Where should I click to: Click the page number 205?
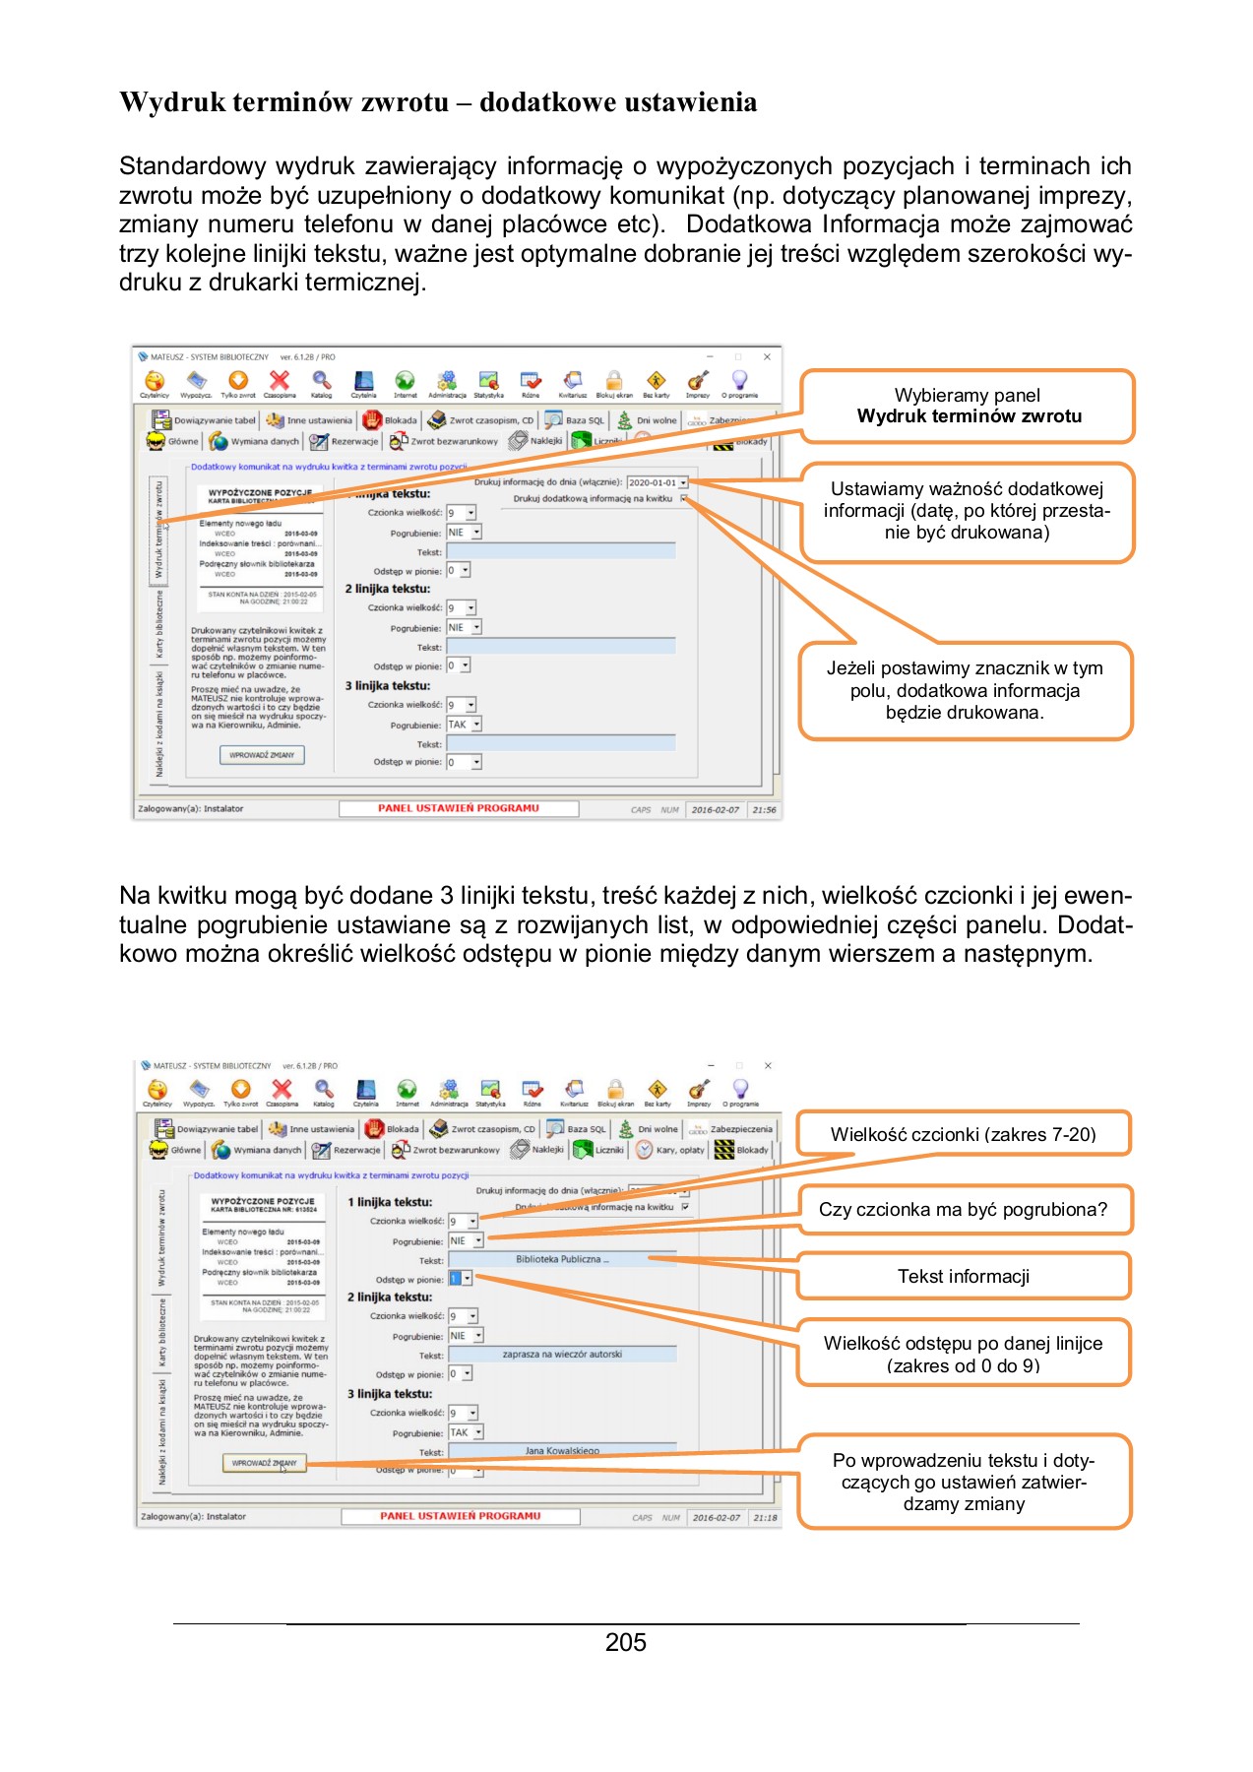pos(625,1643)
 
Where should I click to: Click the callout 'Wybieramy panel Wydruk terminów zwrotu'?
pos(968,406)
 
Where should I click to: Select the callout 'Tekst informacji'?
pos(963,1277)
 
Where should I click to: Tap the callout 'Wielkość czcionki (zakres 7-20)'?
pos(963,1134)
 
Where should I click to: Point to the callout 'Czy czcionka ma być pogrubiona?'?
pos(963,1210)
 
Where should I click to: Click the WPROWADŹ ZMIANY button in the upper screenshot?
pos(262,755)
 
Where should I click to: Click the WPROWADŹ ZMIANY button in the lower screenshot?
pos(264,1463)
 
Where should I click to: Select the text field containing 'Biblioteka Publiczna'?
pos(562,1259)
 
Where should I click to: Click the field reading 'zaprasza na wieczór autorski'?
pos(562,1355)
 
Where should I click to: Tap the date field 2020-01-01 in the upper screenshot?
pos(655,482)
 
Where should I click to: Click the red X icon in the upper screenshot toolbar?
pos(280,381)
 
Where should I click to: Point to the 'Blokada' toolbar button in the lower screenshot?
pos(393,1129)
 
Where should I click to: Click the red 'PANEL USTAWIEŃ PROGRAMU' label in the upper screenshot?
pos(459,808)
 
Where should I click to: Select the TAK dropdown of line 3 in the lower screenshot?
pos(465,1432)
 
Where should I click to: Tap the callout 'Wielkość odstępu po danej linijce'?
pos(963,1354)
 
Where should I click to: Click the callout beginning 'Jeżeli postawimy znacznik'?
pos(965,690)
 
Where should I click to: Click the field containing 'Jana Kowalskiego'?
pos(562,1450)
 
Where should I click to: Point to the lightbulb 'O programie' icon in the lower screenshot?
pos(740,1090)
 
